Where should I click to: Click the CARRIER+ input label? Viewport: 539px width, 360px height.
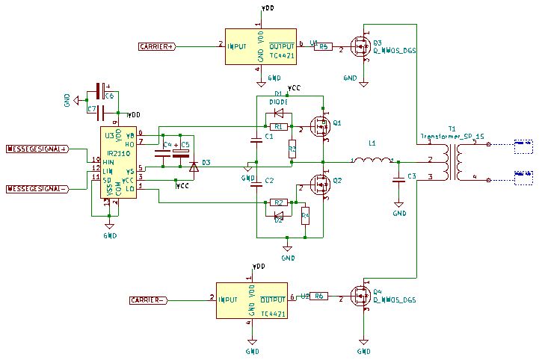pos(157,46)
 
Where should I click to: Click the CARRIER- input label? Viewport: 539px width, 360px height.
pos(148,300)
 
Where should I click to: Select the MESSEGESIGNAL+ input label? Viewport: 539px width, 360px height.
pos(37,149)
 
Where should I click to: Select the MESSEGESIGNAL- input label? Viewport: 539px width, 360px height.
pos(37,189)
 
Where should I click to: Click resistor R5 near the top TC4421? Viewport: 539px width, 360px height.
pos(323,46)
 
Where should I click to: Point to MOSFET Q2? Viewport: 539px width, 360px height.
pos(321,185)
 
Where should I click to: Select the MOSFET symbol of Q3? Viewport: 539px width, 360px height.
pos(361,49)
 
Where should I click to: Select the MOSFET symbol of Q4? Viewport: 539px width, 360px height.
pos(361,297)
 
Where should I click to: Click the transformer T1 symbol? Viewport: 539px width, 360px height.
pos(452,161)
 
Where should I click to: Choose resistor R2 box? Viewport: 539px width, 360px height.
pos(278,202)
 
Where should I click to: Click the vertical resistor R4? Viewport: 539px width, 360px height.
pos(305,217)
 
